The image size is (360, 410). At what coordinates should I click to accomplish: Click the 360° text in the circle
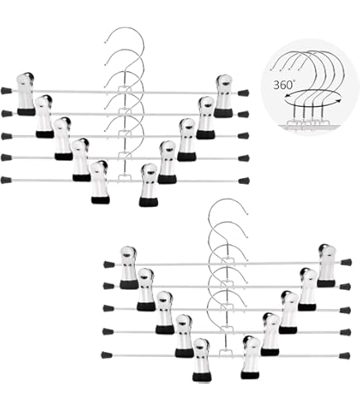click(283, 84)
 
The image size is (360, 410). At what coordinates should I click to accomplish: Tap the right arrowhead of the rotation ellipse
click(339, 101)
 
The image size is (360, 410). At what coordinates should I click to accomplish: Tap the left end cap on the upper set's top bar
click(6, 90)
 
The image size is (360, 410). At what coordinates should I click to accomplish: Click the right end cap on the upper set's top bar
click(243, 93)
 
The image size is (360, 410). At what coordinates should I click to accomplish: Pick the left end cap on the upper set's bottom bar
click(6, 181)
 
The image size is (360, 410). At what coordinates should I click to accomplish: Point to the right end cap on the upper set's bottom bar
click(244, 181)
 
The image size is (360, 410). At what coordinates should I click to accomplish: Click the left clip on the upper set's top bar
click(26, 94)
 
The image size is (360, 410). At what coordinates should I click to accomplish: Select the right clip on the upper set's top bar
click(223, 96)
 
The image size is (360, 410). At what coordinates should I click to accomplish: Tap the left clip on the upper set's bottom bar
click(100, 182)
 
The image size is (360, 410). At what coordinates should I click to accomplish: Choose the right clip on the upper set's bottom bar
click(148, 185)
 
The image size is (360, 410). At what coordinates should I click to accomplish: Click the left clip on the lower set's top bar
click(129, 268)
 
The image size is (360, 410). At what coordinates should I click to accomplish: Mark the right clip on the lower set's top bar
click(327, 266)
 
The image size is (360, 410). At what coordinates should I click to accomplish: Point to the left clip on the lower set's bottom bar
click(203, 359)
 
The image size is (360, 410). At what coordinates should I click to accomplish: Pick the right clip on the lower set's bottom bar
click(251, 357)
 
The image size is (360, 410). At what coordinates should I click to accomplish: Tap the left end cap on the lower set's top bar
click(109, 264)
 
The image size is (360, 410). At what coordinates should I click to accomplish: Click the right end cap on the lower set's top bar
click(346, 262)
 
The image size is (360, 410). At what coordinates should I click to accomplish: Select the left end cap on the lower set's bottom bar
click(107, 355)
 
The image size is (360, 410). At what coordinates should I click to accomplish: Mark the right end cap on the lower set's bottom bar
click(344, 355)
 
